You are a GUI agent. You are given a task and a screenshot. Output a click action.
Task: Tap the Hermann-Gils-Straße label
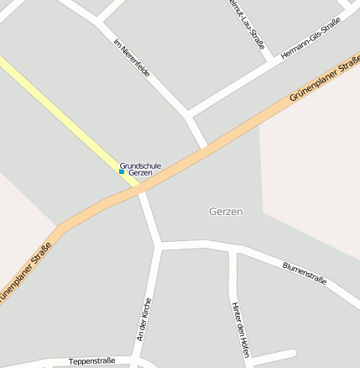pyautogui.click(x=311, y=38)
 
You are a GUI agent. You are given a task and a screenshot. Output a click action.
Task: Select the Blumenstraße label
pyautogui.click(x=304, y=273)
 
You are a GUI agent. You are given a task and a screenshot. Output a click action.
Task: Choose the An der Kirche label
pyautogui.click(x=145, y=319)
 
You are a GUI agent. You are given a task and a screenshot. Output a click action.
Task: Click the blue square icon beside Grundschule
pyautogui.click(x=122, y=171)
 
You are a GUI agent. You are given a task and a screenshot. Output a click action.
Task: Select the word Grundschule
pyautogui.click(x=140, y=166)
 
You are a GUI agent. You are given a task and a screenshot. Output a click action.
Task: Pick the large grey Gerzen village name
pyautogui.click(x=226, y=212)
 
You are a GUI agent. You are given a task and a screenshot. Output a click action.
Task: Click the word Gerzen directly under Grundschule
pyautogui.click(x=140, y=173)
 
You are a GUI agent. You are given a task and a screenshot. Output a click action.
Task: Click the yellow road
pyautogui.click(x=59, y=108)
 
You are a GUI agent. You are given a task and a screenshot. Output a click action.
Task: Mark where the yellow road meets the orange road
pyautogui.click(x=138, y=188)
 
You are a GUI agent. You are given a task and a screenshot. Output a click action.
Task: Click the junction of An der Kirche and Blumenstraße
pyautogui.click(x=159, y=245)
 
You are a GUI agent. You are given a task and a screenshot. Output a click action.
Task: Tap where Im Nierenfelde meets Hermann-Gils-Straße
pyautogui.click(x=191, y=113)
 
